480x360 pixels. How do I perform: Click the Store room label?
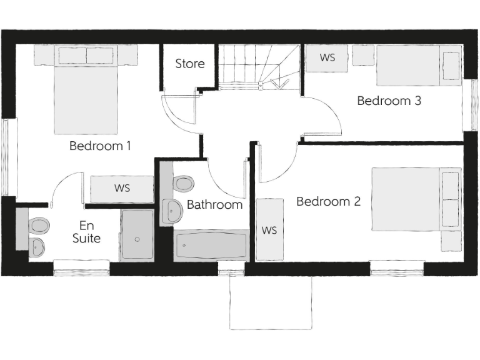pos(189,64)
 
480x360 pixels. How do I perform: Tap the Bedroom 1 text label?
pos(100,146)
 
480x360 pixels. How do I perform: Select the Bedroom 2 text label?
pos(328,202)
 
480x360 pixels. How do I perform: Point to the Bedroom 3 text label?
pos(389,101)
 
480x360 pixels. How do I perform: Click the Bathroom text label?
pos(214,204)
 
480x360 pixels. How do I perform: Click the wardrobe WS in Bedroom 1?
pos(122,189)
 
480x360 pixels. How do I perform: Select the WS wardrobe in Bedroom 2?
pos(269,230)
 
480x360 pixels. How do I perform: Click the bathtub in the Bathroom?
pos(211,246)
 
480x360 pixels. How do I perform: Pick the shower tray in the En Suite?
pos(137,235)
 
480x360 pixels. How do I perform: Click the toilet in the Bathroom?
pos(183,184)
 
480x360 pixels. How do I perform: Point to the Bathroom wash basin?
pos(172,211)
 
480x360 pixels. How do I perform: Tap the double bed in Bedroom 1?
pos(86,94)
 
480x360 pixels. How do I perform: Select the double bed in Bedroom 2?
pos(416,199)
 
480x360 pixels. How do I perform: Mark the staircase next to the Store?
pos(258,66)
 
